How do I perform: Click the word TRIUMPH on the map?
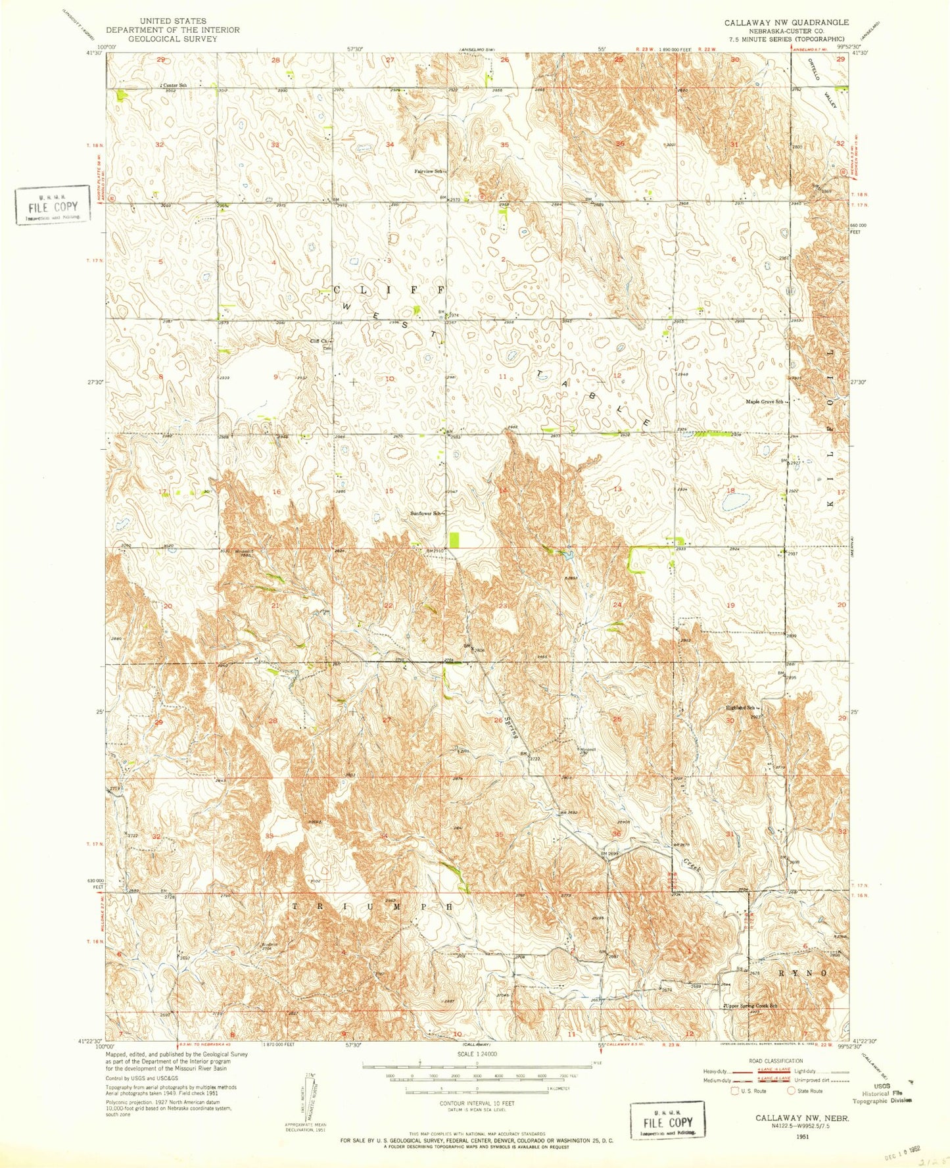point(372,906)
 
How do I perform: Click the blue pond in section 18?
point(732,502)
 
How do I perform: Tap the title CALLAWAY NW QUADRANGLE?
point(786,22)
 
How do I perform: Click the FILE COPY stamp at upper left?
point(53,205)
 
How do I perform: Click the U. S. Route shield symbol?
point(735,1090)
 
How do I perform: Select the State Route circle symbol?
point(792,1090)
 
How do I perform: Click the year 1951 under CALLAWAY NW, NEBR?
point(802,1135)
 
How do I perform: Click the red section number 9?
point(275,377)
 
